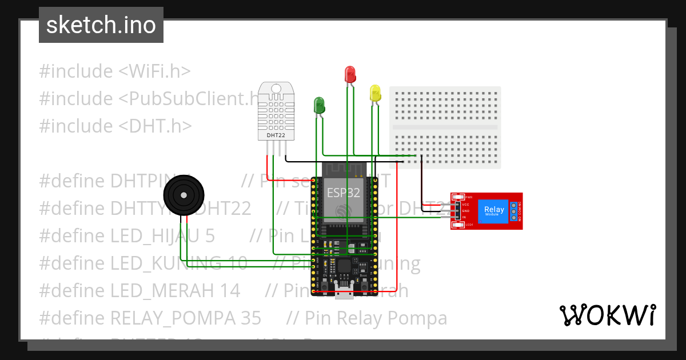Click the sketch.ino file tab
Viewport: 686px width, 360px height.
click(101, 25)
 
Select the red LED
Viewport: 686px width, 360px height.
click(349, 74)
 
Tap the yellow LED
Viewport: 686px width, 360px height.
click(375, 93)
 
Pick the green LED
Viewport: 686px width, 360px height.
click(319, 105)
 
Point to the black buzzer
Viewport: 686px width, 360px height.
click(183, 195)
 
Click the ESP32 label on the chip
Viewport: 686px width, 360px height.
click(344, 193)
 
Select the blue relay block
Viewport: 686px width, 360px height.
click(494, 210)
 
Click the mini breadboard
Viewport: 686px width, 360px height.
click(445, 127)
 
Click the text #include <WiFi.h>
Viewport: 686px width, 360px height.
click(114, 71)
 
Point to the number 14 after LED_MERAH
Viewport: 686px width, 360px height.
click(230, 290)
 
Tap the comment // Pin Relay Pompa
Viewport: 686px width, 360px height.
click(366, 318)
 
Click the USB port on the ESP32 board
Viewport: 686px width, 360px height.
click(344, 293)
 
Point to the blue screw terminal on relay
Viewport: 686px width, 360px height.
click(514, 211)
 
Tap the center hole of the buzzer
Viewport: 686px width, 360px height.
click(183, 195)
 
